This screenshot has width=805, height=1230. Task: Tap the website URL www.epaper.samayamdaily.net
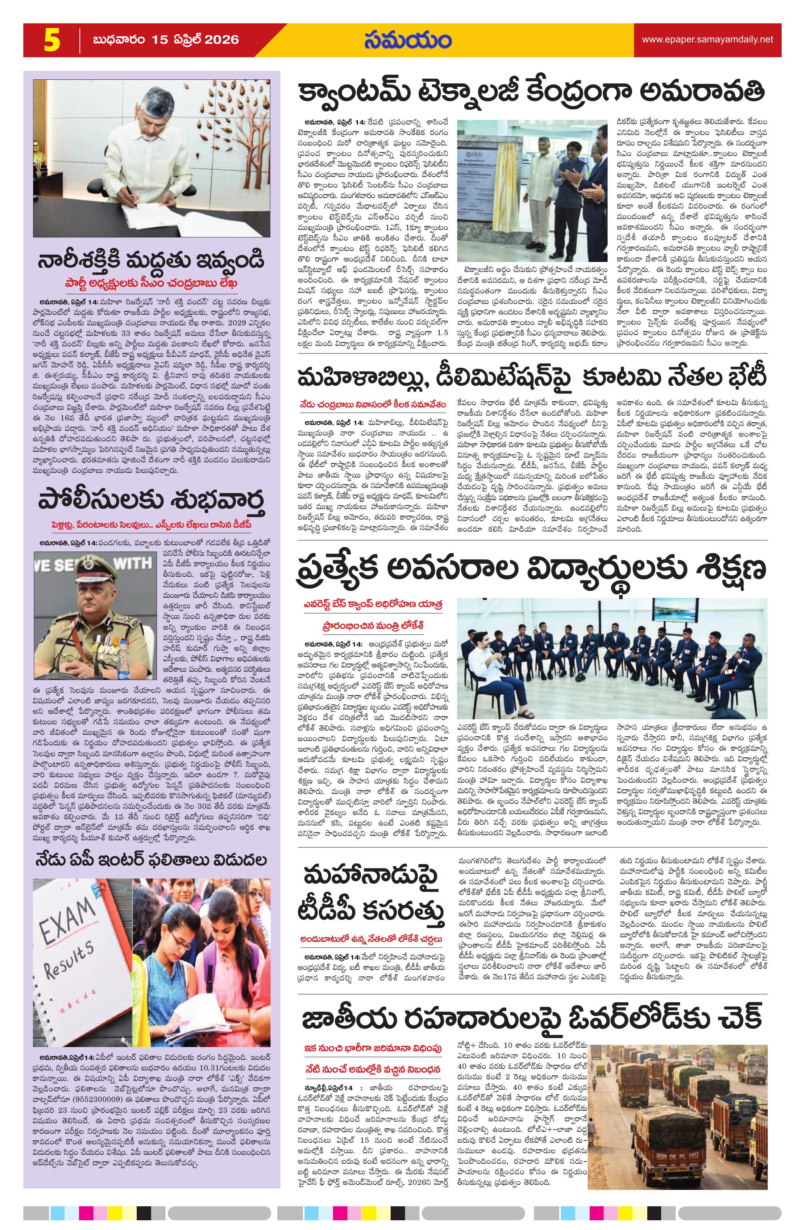point(707,39)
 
